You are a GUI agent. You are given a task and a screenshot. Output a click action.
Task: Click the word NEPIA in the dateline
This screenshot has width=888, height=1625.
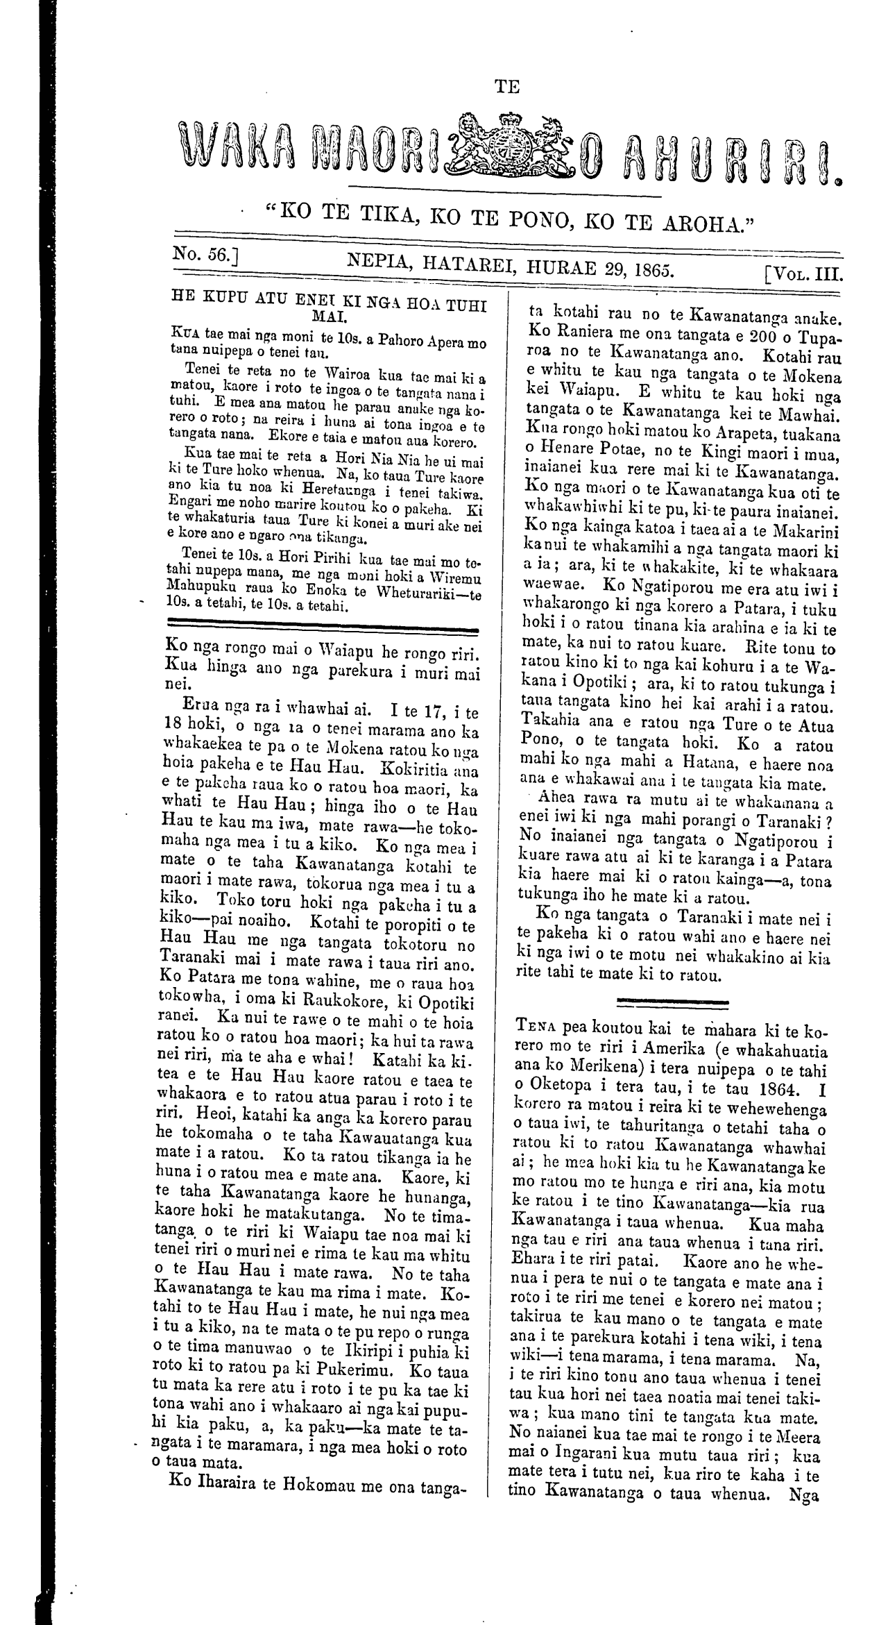tap(382, 261)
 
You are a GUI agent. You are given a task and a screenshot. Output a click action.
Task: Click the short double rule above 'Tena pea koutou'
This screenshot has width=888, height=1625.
tap(672, 1002)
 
